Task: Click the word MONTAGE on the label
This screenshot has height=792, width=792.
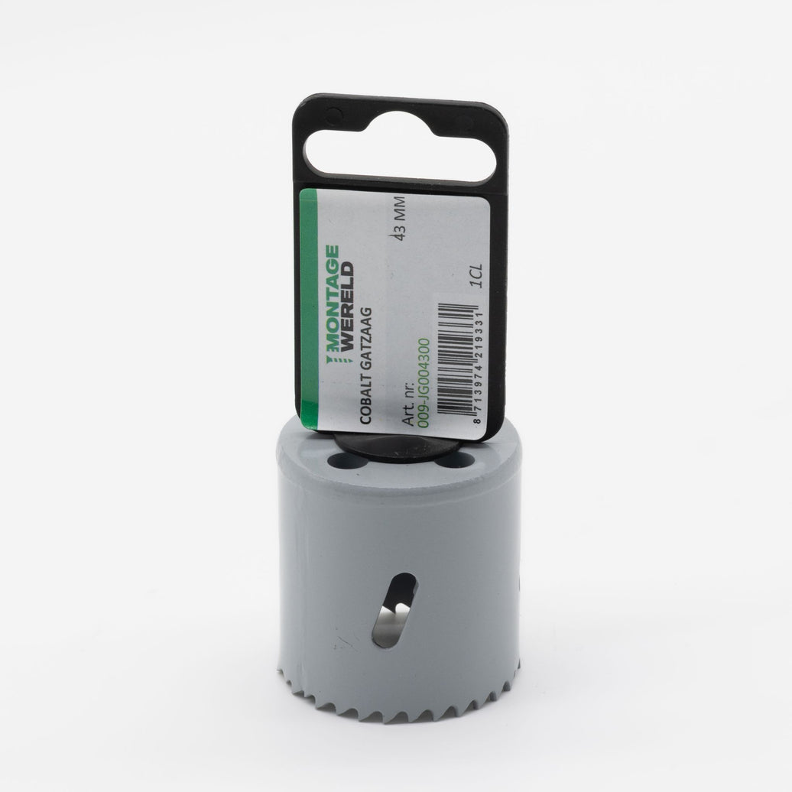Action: tap(332, 299)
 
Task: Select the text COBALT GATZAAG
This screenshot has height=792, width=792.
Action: tap(365, 365)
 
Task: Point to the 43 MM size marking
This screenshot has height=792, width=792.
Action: tap(400, 219)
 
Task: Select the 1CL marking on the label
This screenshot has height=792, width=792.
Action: tap(476, 276)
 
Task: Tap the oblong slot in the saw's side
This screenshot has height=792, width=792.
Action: tap(394, 610)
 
